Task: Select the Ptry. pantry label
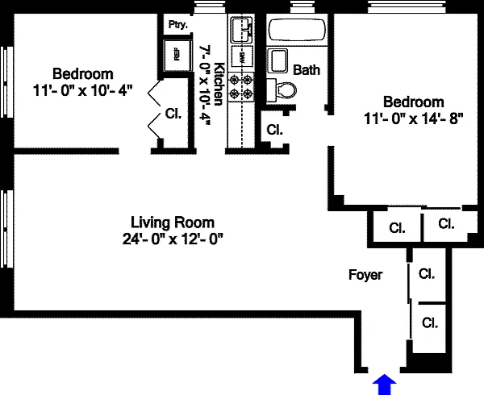[x=177, y=24]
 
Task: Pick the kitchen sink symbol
[x=240, y=31]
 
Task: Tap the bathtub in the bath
[x=296, y=31]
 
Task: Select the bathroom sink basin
[x=279, y=61]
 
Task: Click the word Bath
[x=307, y=70]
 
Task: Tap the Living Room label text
[x=173, y=222]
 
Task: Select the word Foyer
[x=365, y=275]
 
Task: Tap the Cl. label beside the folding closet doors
[x=173, y=114]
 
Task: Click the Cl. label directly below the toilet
[x=274, y=129]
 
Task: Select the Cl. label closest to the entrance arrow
[x=429, y=323]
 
